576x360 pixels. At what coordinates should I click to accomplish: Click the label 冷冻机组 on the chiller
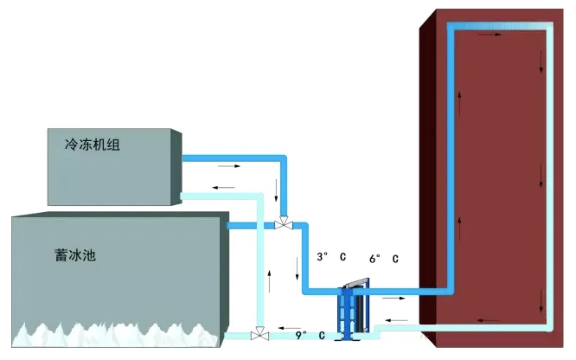[x=91, y=145]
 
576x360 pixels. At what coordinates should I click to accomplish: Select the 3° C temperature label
[x=332, y=258]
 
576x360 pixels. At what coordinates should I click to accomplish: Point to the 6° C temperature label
[x=384, y=258]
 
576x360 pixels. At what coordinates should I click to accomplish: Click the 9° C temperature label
[x=308, y=334]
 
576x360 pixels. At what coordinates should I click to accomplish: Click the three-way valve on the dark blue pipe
[x=283, y=225]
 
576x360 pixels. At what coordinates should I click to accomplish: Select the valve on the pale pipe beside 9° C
[x=257, y=334]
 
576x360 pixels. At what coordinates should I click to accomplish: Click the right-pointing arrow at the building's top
[x=489, y=36]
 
